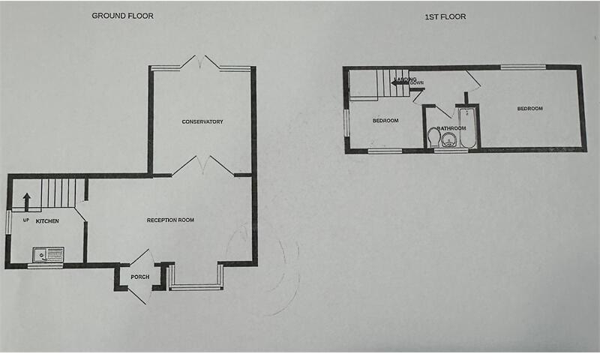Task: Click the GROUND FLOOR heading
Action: pos(122,15)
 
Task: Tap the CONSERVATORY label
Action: pos(202,121)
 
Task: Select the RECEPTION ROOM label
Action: pos(170,220)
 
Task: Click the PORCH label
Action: pos(139,277)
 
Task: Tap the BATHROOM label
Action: pos(452,128)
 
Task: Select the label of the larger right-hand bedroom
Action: pos(529,109)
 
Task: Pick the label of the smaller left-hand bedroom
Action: pos(385,121)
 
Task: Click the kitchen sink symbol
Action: pos(48,256)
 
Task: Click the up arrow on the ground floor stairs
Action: pos(26,200)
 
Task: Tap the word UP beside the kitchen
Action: pos(25,220)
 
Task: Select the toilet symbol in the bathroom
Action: pos(433,137)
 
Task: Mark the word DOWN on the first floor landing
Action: pos(417,83)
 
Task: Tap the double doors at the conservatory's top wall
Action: pos(201,64)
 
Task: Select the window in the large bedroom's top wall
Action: pos(523,68)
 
